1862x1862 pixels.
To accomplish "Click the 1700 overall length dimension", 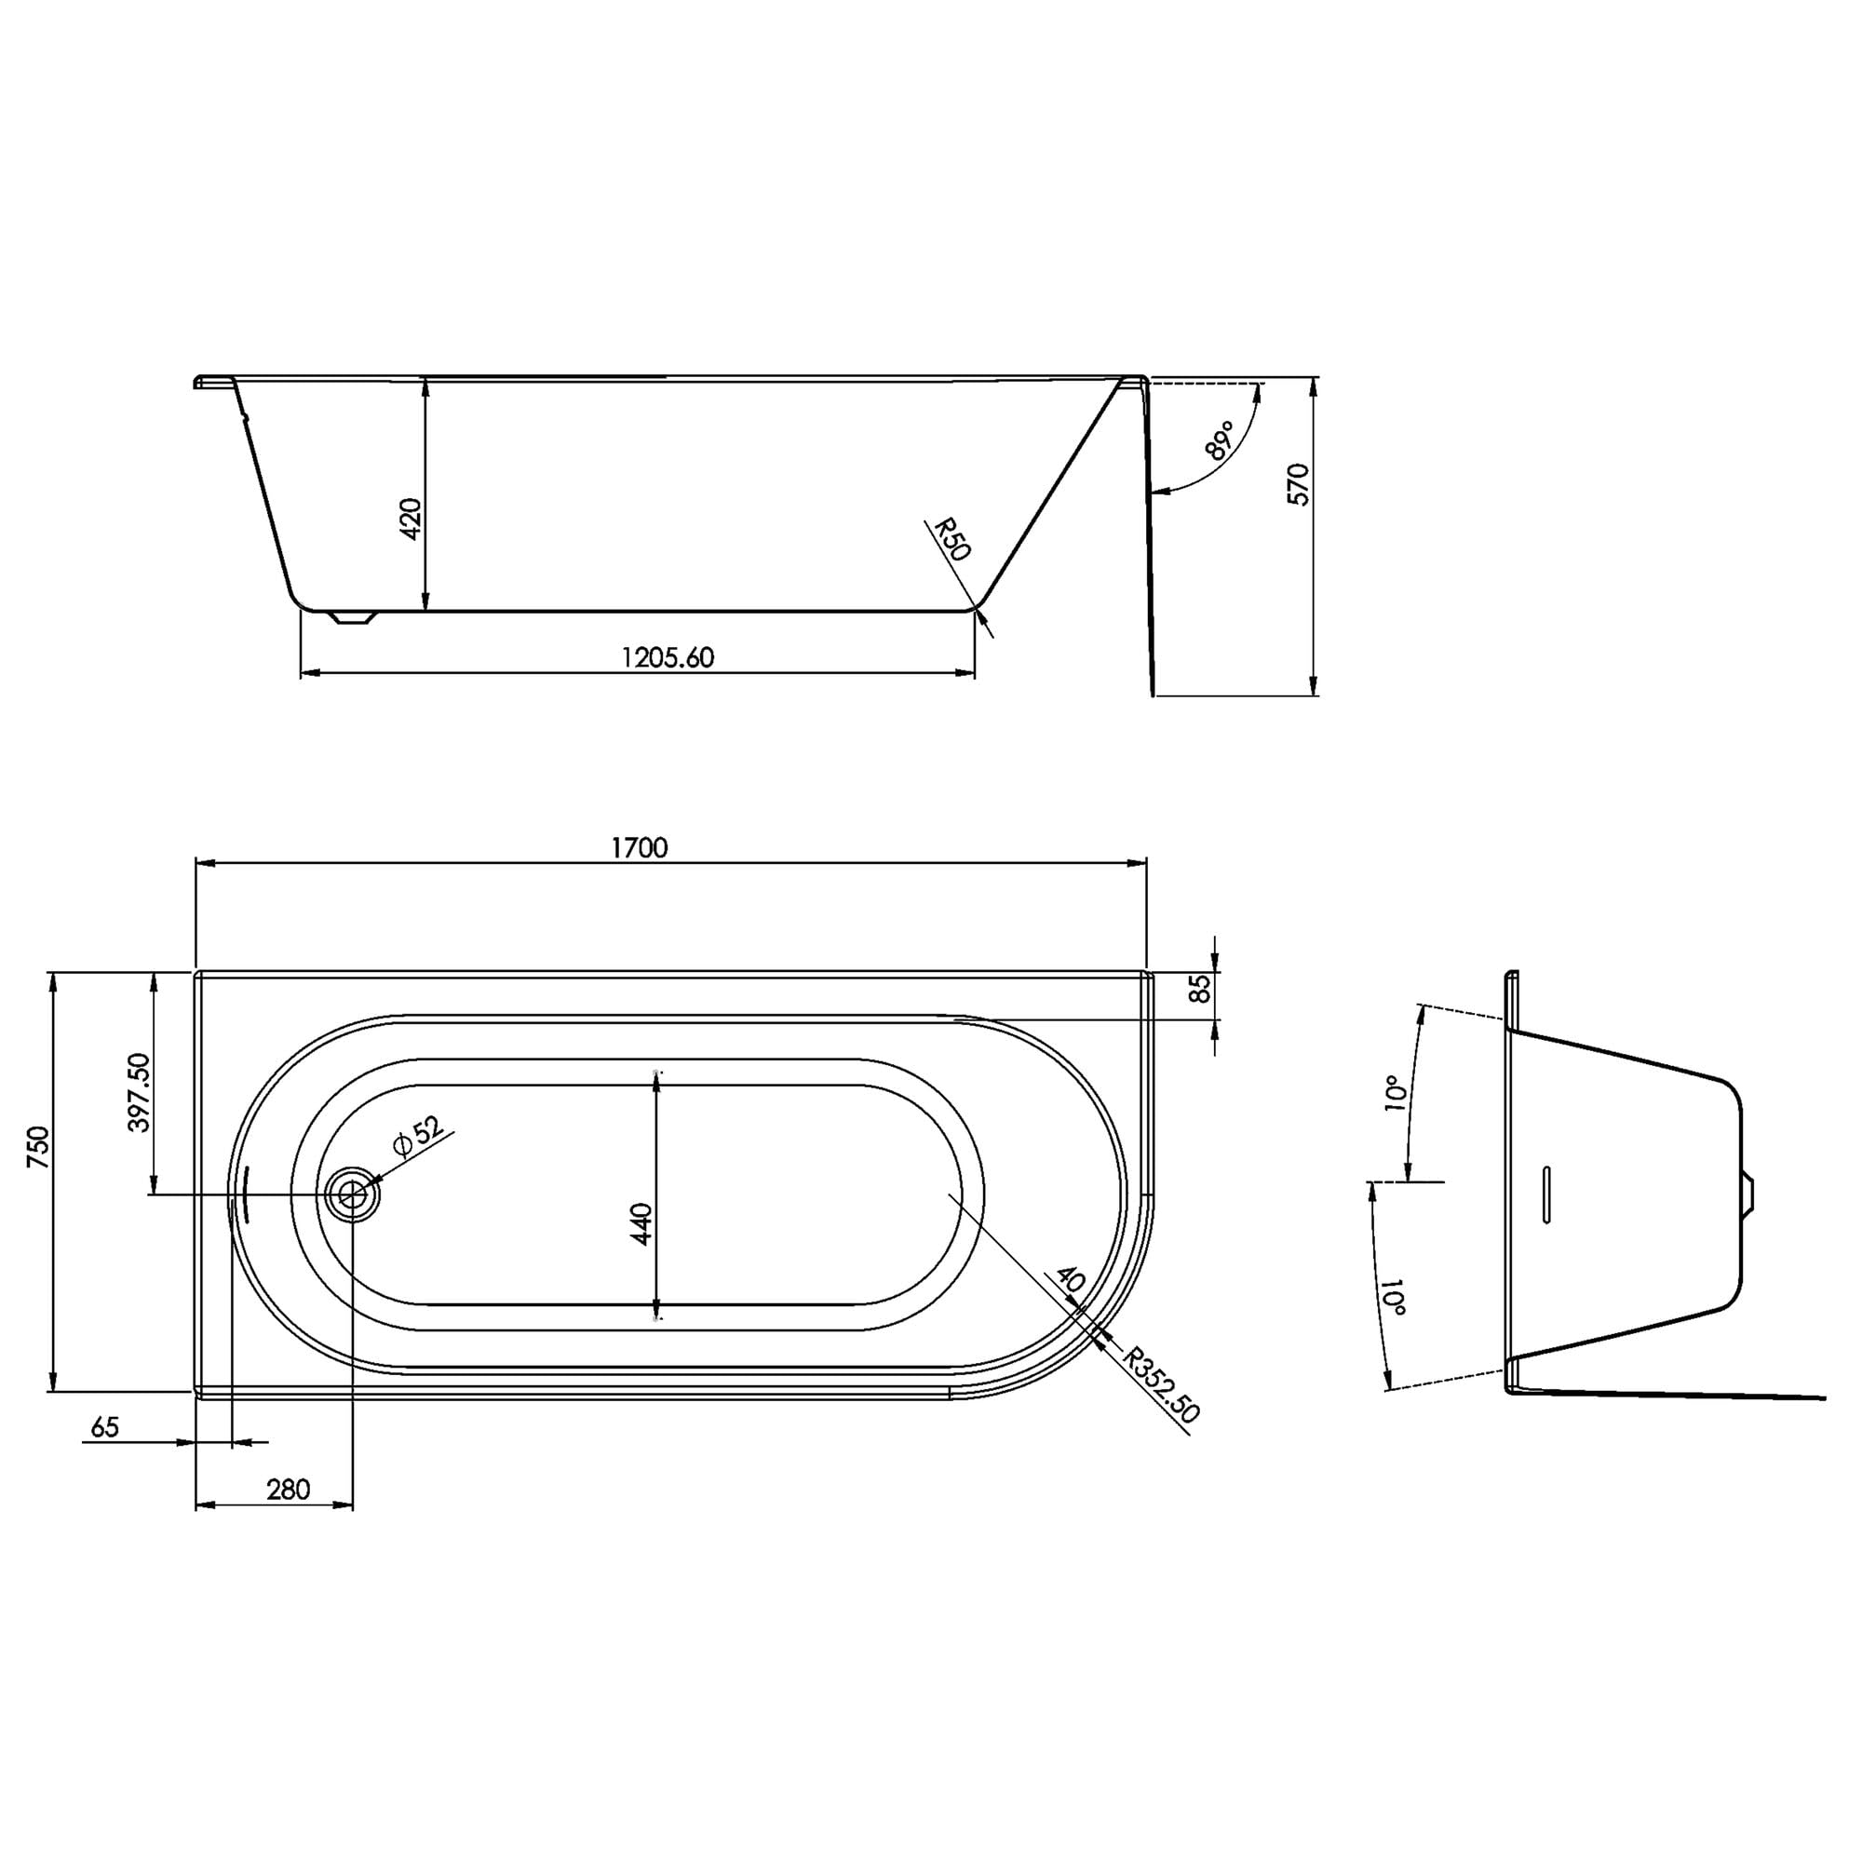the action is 639,847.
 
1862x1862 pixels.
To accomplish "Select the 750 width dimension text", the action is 37,1148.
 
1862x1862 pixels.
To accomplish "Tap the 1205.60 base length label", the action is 668,657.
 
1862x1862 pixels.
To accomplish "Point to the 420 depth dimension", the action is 411,519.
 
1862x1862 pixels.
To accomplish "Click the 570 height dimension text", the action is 1299,485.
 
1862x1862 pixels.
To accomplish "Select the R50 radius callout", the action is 951,540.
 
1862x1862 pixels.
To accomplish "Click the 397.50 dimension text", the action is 139,1092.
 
